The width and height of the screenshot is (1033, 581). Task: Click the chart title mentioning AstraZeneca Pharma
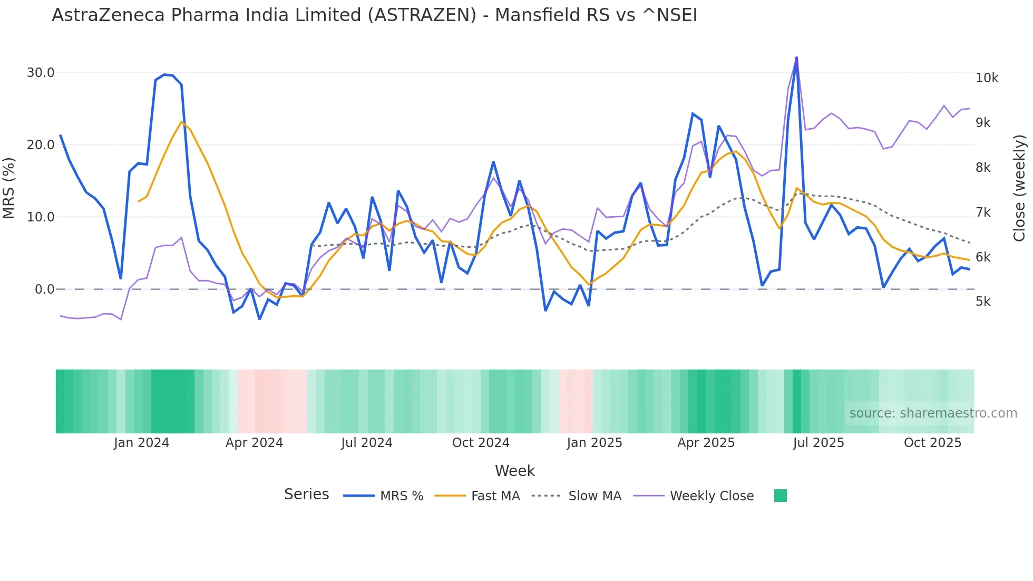[374, 15]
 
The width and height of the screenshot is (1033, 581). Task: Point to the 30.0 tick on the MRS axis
[41, 73]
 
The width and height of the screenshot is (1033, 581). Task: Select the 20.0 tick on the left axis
[41, 145]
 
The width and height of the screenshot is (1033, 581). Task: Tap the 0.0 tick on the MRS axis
[44, 289]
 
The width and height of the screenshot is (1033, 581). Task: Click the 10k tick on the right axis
[987, 78]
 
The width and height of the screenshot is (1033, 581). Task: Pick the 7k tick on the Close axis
[983, 212]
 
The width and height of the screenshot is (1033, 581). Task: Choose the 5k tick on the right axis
[983, 302]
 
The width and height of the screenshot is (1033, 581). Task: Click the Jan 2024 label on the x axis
[141, 443]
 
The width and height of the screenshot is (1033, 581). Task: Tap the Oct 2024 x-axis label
[481, 443]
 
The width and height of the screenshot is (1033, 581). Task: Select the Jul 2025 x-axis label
[818, 443]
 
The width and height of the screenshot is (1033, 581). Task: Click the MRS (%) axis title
[8, 188]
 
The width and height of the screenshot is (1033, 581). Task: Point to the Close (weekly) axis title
[1019, 188]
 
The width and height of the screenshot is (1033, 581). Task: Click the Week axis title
[514, 471]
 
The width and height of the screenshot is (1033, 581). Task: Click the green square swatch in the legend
[780, 496]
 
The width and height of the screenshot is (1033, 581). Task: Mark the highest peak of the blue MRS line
[796, 57]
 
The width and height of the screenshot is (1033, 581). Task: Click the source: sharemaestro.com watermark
[933, 413]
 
